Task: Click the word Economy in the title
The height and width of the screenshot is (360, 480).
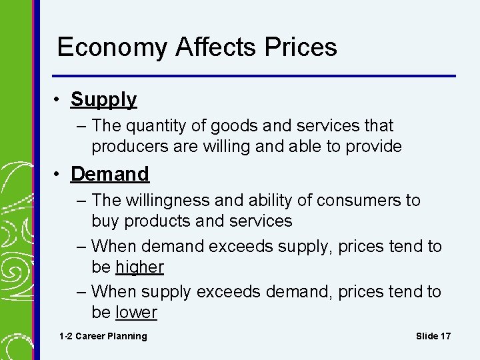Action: tap(113, 48)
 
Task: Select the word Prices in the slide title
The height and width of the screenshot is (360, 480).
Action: tap(301, 48)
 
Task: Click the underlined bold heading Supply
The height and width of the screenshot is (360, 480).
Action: tap(103, 100)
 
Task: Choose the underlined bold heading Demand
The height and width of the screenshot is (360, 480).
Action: tap(110, 175)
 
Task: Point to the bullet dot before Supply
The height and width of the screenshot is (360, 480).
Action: tap(59, 100)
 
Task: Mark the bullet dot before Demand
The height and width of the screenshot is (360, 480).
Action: tap(59, 175)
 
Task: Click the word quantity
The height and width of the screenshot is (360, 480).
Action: tap(151, 126)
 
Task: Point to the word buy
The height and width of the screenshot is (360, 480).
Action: tap(105, 221)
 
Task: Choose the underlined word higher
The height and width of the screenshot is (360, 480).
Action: tap(139, 267)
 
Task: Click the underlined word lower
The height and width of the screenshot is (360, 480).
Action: tap(136, 313)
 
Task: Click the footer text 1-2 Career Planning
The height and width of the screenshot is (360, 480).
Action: tap(103, 336)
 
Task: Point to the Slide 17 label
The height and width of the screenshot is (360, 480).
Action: tap(433, 336)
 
